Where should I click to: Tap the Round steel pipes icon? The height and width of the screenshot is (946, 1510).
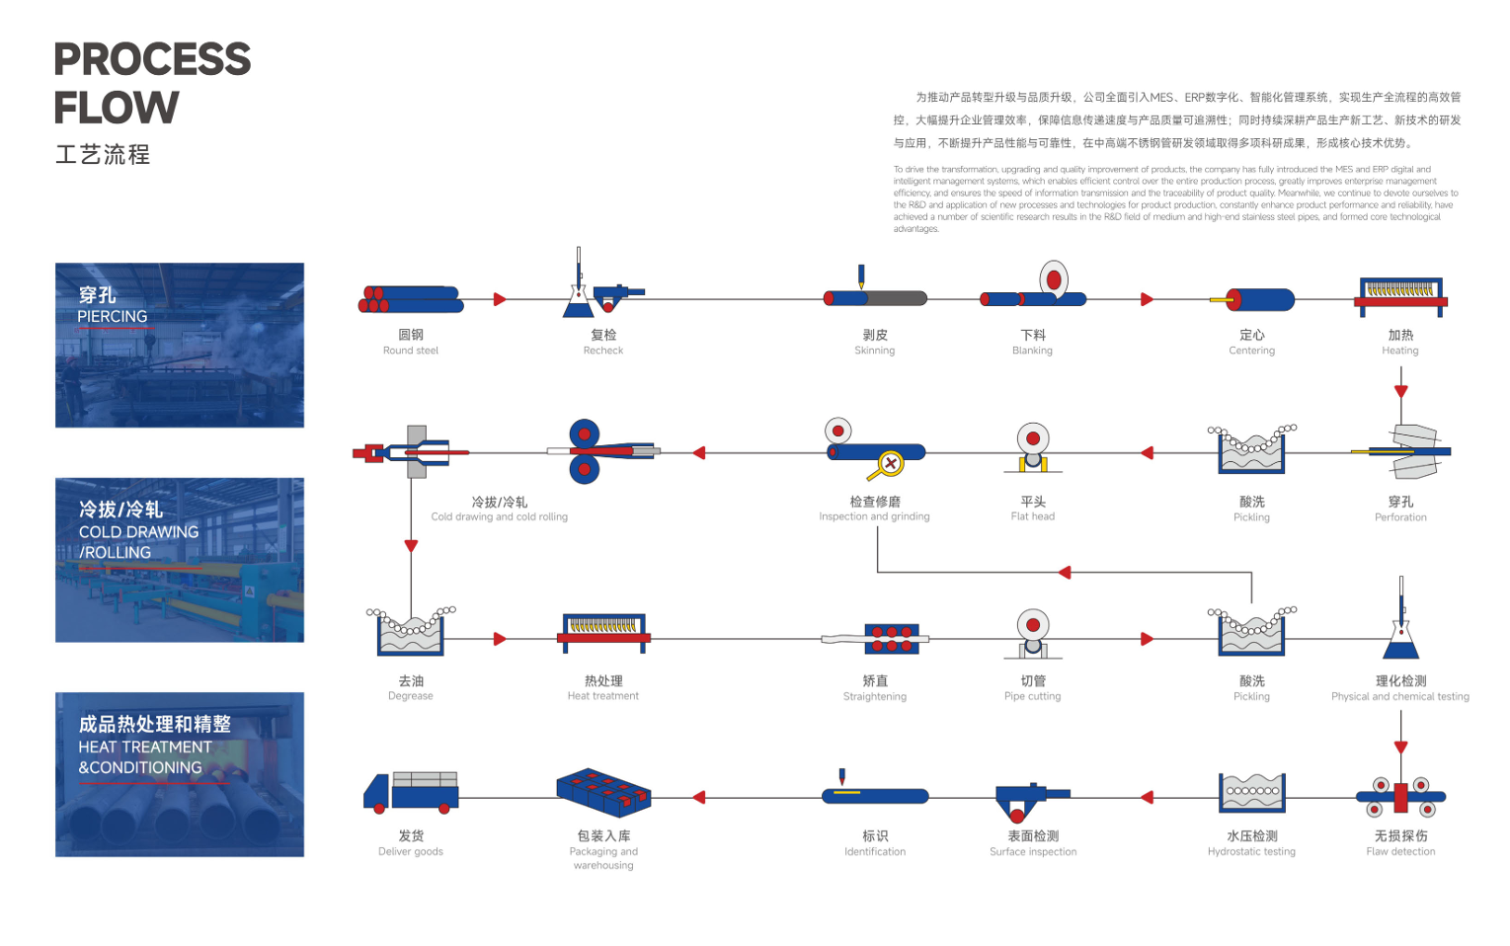point(411,299)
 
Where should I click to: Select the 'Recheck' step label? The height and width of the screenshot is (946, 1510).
point(602,351)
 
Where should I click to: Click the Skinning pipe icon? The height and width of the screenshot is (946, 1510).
point(875,297)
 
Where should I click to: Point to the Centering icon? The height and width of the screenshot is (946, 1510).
point(1252,299)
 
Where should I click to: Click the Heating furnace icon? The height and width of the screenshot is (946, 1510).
point(1400,296)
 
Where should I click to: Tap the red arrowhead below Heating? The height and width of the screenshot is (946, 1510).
point(1400,391)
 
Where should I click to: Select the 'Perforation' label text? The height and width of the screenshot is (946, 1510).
point(1400,517)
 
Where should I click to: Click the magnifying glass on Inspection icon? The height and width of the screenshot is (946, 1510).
point(890,463)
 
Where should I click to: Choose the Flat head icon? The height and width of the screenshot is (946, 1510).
point(1033,448)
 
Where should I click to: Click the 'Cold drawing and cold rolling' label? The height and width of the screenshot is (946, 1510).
point(499,516)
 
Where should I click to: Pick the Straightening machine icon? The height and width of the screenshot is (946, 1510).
point(891,639)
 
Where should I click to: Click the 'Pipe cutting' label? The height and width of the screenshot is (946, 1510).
point(1032,696)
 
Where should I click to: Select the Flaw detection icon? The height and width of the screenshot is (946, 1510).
point(1400,796)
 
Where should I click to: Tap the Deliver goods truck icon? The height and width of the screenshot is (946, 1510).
point(411,792)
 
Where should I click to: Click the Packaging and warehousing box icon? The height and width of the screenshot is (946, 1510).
point(603,792)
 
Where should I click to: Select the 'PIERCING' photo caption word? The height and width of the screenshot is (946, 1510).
point(113,317)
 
